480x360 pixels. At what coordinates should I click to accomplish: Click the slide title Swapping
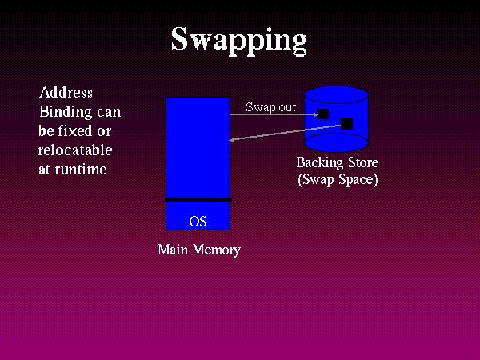coord(238,38)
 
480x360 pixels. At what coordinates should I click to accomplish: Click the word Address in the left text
coord(66,93)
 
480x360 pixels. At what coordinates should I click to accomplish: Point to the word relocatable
coord(74,150)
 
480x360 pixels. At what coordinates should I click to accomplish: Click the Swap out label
coord(270,106)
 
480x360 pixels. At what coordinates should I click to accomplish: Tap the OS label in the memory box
coord(198,221)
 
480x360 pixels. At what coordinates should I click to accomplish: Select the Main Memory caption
coord(198,250)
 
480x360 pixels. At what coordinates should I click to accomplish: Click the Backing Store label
coord(337,162)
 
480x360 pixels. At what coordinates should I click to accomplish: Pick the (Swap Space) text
coord(337,179)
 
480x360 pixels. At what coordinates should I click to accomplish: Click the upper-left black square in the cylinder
coord(323,114)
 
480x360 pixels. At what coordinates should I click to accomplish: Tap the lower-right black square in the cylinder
coord(346,123)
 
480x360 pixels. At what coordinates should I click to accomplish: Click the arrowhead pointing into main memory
coord(233,141)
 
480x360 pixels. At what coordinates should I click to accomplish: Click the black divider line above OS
coord(198,199)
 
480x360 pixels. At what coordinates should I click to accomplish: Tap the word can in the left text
coord(108,111)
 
